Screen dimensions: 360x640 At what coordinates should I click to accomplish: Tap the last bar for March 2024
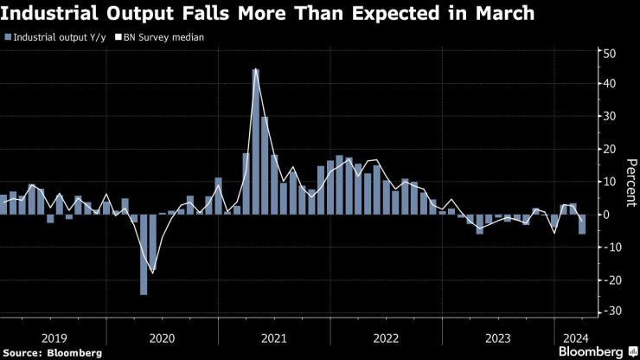click(x=582, y=224)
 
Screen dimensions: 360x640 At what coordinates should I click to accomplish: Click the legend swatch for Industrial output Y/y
click(x=7, y=37)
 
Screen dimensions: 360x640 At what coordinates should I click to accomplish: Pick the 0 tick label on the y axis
click(x=611, y=215)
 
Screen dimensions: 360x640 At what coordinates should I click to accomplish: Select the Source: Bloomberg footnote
click(x=53, y=352)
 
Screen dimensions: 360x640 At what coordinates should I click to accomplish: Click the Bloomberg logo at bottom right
click(x=597, y=351)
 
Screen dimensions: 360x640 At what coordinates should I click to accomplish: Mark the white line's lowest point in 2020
click(x=153, y=273)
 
